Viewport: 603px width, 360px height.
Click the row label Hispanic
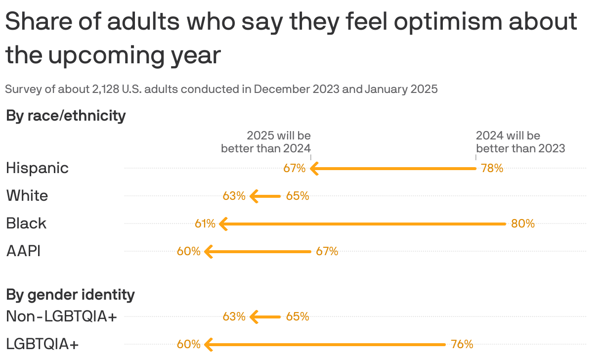pyautogui.click(x=37, y=168)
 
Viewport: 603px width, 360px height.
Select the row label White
pyautogui.click(x=27, y=196)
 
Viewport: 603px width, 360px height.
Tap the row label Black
pyautogui.click(x=26, y=224)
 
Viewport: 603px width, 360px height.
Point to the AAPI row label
pyautogui.click(x=23, y=251)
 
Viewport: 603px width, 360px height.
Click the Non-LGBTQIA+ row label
pyautogui.click(x=61, y=316)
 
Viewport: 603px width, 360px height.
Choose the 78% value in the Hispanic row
pyautogui.click(x=492, y=169)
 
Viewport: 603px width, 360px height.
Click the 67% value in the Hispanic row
pyautogui.click(x=294, y=169)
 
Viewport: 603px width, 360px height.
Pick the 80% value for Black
pyautogui.click(x=523, y=224)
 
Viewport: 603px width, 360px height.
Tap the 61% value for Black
pyautogui.click(x=205, y=224)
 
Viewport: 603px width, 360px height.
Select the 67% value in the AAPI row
pyautogui.click(x=327, y=252)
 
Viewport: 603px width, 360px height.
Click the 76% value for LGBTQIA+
pyautogui.click(x=462, y=345)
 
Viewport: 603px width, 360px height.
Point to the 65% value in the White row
pyautogui.click(x=298, y=196)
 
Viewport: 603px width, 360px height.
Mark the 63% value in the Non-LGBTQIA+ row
pyautogui.click(x=234, y=317)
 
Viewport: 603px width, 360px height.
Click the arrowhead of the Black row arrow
pyautogui.click(x=223, y=224)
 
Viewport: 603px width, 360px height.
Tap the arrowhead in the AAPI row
pyautogui.click(x=208, y=252)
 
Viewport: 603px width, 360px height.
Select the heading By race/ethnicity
pyautogui.click(x=66, y=116)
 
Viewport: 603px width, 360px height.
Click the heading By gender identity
pyautogui.click(x=70, y=295)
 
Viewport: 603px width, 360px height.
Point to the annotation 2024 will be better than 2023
pyautogui.click(x=520, y=142)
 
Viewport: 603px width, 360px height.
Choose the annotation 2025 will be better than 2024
pyautogui.click(x=266, y=142)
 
